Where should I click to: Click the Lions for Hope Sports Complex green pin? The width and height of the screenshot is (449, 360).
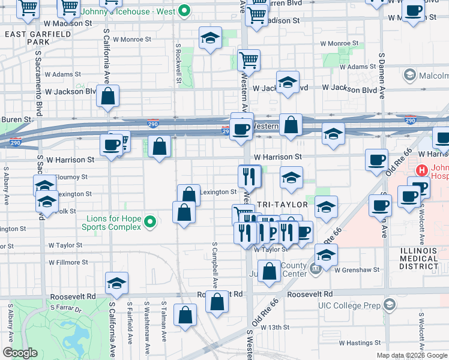click(x=151, y=223)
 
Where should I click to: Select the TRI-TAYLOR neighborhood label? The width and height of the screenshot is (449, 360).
click(x=282, y=205)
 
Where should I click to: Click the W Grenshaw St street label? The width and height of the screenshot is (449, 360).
click(x=357, y=270)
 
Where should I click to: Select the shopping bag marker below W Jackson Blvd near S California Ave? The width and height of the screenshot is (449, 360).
click(x=107, y=96)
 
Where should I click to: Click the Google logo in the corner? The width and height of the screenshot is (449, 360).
click(x=20, y=353)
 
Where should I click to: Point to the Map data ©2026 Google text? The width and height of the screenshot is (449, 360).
click(x=412, y=355)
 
